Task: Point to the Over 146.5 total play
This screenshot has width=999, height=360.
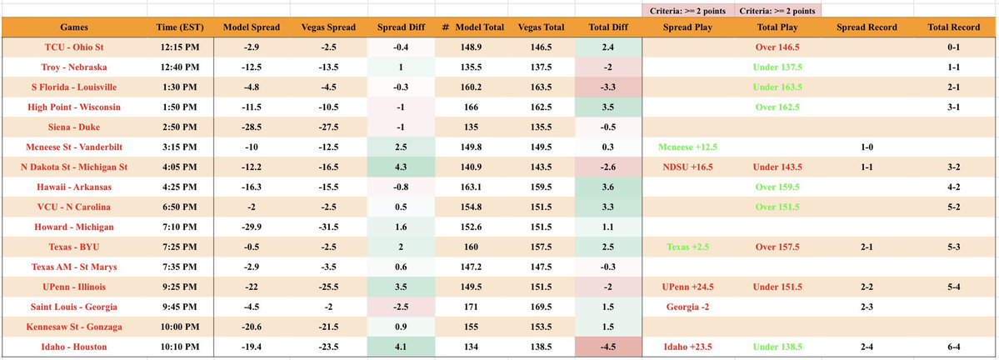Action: click(778, 48)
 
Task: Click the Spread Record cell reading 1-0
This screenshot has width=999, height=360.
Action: click(866, 147)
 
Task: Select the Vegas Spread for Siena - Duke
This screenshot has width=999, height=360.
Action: click(329, 127)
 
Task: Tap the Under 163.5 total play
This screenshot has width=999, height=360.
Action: click(778, 87)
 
